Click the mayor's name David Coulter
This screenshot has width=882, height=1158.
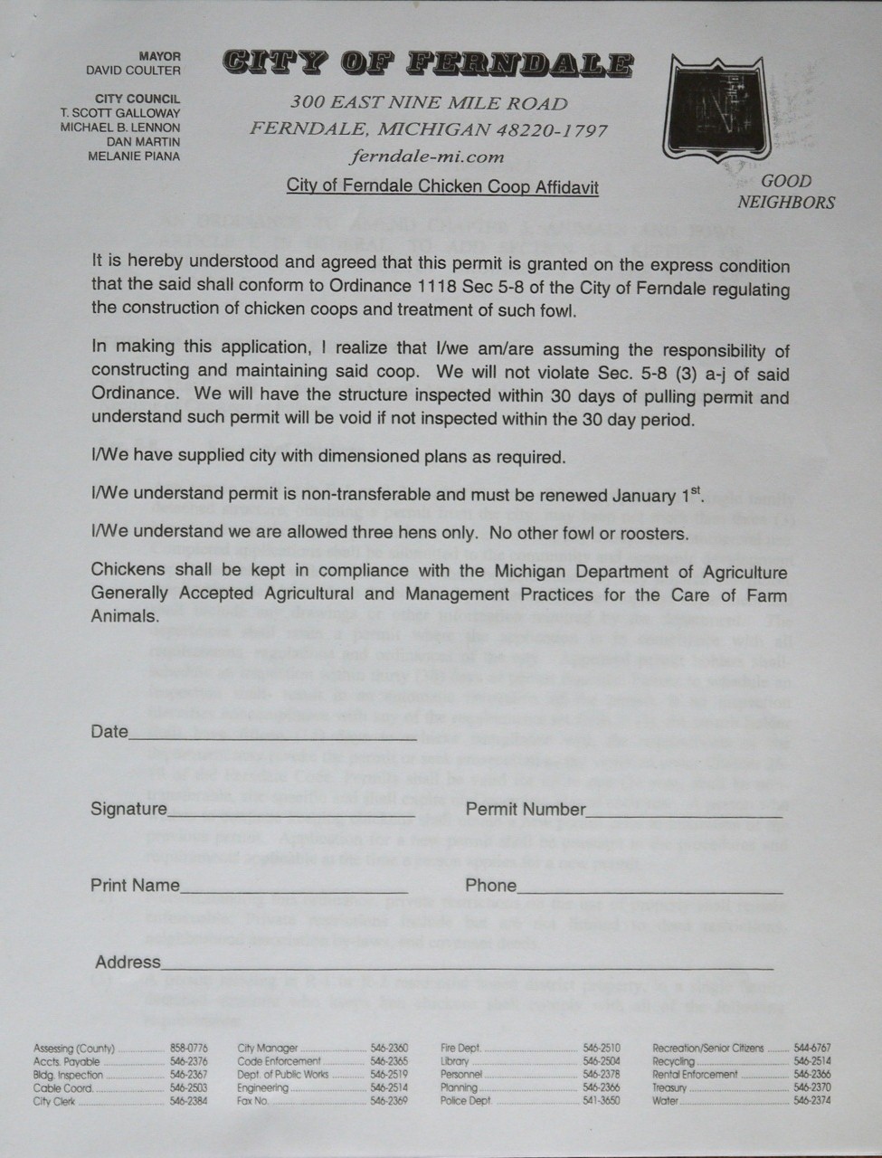[133, 71]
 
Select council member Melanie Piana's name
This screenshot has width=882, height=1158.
[134, 156]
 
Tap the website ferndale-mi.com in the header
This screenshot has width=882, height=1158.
[427, 156]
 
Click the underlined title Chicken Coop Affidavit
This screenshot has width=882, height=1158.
[442, 187]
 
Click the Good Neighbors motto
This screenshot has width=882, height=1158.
[786, 192]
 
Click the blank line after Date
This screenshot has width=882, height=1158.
[271, 738]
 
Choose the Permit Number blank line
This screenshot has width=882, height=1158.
[684, 815]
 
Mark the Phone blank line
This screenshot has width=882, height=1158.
[650, 892]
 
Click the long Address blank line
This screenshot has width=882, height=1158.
[467, 968]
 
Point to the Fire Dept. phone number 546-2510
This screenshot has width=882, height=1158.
[602, 1048]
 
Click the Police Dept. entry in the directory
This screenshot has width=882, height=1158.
[467, 1101]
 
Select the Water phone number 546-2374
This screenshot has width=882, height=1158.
[811, 1101]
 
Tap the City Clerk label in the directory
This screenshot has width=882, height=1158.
[54, 1101]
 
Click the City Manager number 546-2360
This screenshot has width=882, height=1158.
[389, 1048]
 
